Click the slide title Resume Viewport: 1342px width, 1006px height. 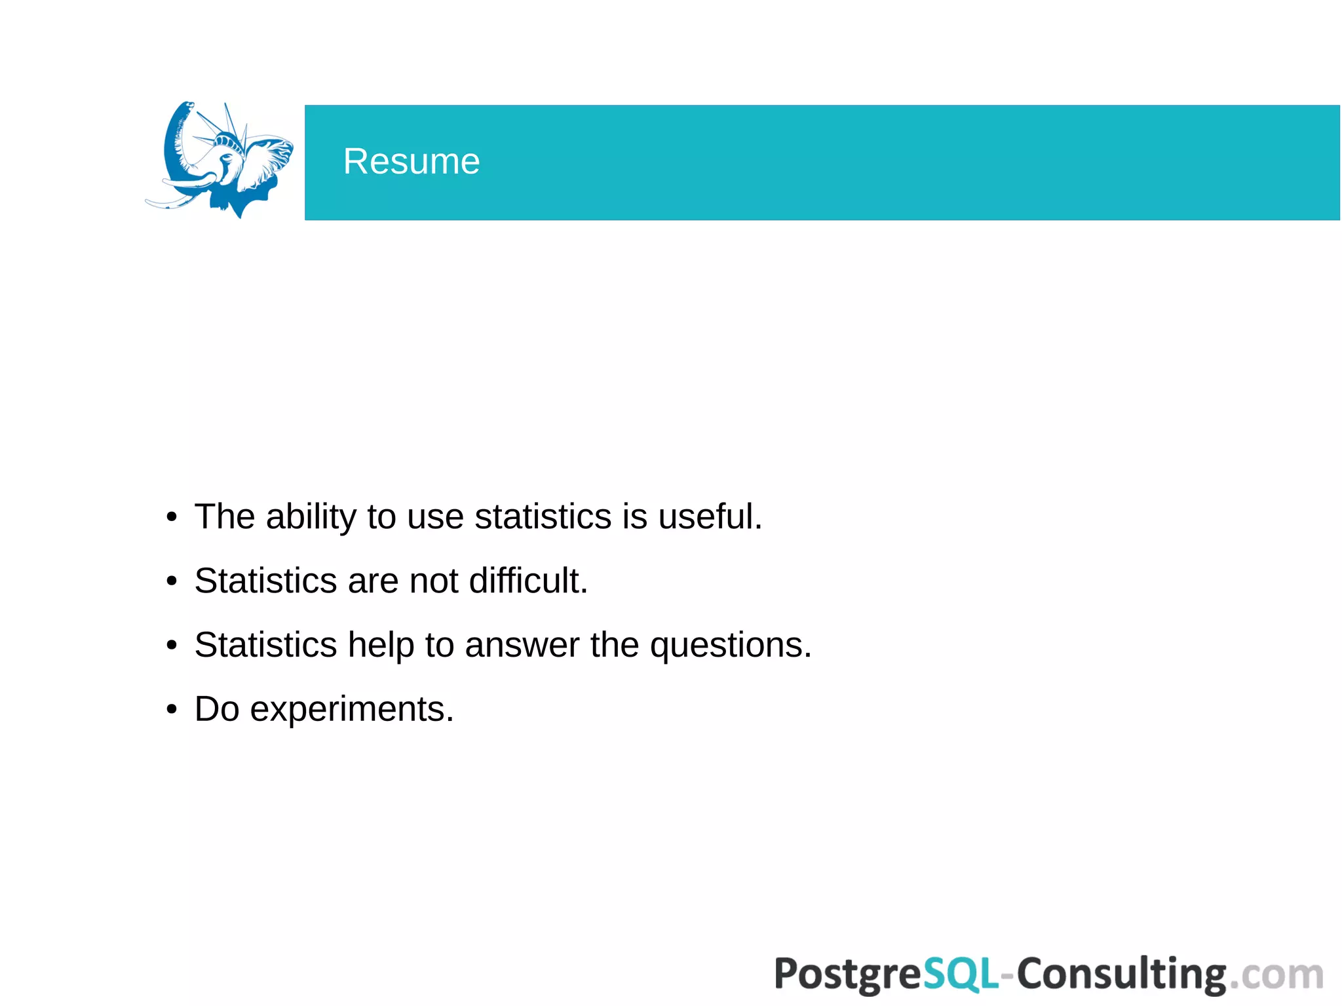coord(412,161)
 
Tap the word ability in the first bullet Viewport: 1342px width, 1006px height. coord(311,516)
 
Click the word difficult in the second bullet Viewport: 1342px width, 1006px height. coord(527,581)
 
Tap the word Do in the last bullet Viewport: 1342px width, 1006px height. coord(217,709)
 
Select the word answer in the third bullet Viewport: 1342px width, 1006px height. coord(522,645)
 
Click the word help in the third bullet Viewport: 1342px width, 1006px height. coord(381,645)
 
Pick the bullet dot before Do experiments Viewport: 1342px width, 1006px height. coord(172,710)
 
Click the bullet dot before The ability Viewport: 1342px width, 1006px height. coord(172,517)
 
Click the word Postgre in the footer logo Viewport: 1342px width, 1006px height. coord(849,975)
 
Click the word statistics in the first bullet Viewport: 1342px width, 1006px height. coord(543,516)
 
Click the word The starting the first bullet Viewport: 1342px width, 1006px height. coord(225,516)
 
